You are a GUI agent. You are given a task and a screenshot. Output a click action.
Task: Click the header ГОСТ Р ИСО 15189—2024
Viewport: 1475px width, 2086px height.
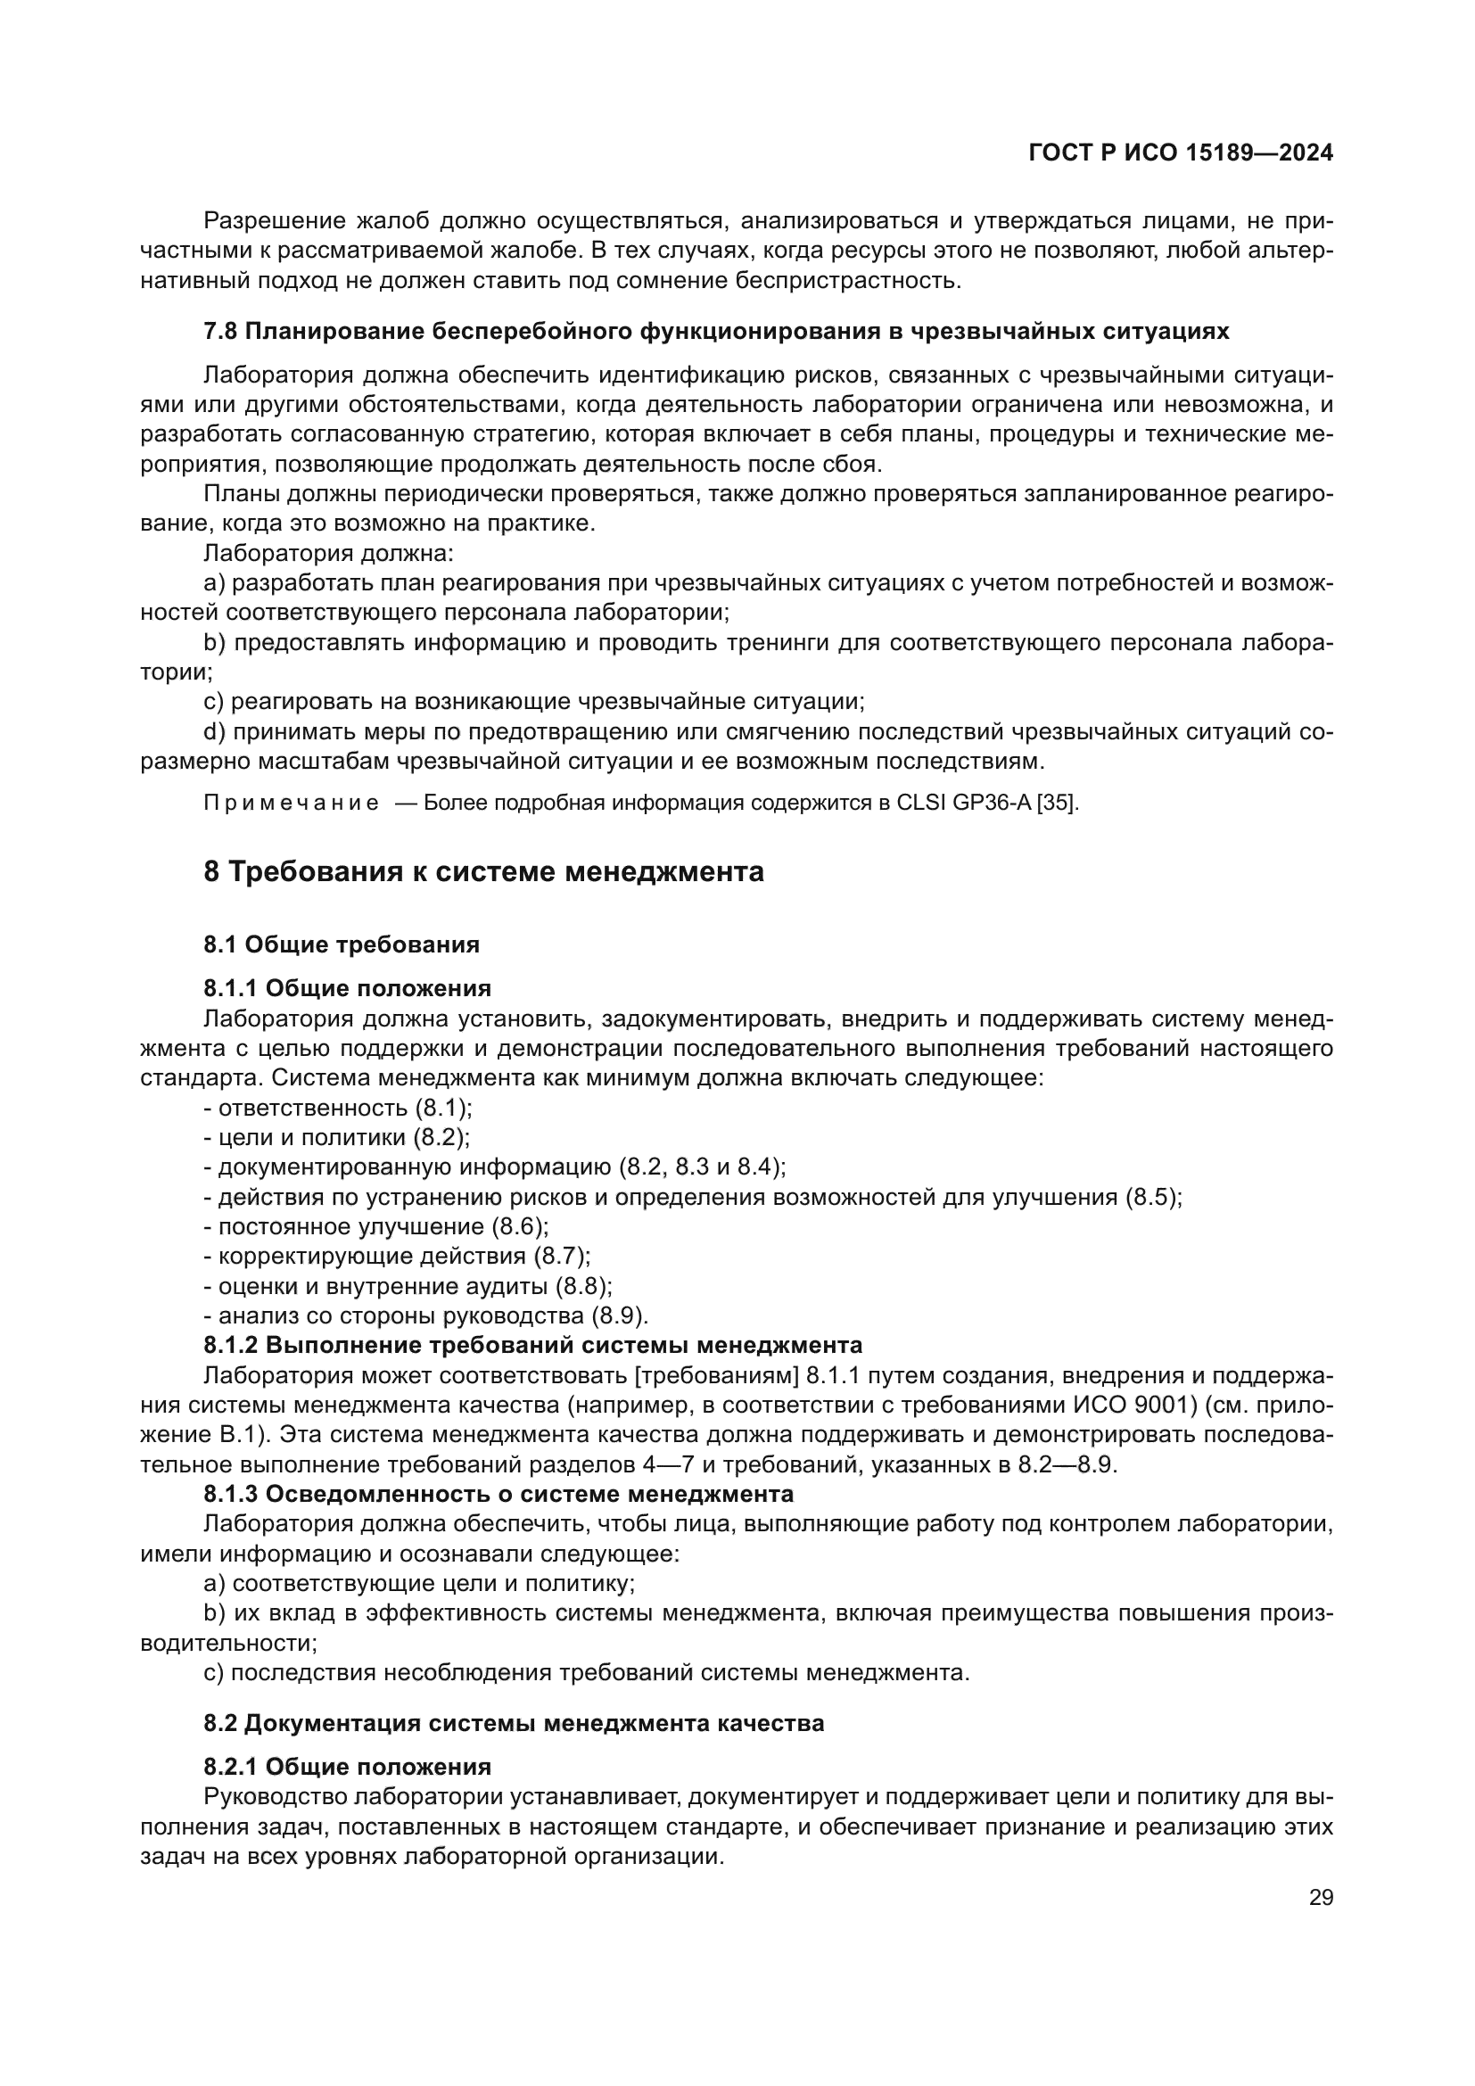[1181, 153]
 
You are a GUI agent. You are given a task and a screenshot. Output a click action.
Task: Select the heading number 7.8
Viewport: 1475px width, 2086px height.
[219, 332]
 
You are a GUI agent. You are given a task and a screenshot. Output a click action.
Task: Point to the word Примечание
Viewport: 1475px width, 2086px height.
[291, 804]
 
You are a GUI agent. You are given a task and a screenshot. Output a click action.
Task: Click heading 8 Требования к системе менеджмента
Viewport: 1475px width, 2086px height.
[483, 872]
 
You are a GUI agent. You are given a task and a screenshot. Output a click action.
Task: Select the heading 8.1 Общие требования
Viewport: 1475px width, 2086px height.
[342, 944]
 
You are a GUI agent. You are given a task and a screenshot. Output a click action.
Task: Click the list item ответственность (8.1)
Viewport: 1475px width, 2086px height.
[338, 1109]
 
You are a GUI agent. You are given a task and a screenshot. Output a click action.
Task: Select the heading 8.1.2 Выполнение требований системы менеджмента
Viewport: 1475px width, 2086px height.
[532, 1345]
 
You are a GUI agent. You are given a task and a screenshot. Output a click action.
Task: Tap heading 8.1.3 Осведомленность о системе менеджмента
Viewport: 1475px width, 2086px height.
[498, 1495]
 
